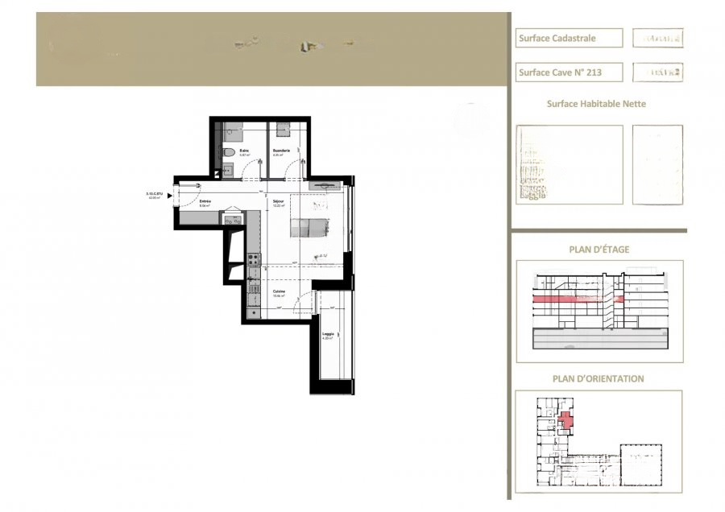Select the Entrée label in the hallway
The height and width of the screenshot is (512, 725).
(205, 201)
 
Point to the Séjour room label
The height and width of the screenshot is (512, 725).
(278, 201)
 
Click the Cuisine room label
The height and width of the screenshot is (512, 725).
(279, 291)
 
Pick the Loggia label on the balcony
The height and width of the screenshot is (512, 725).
(328, 334)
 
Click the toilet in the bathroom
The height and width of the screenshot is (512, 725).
(230, 151)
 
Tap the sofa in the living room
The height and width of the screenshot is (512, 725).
(310, 228)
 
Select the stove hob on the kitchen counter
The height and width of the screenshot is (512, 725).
(253, 259)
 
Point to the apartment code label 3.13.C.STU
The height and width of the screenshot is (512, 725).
(154, 194)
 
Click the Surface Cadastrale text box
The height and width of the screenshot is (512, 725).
(569, 38)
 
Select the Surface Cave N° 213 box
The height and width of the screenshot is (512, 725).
(569, 72)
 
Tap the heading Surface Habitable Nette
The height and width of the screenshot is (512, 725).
(596, 104)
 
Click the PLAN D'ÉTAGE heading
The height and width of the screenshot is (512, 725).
(599, 250)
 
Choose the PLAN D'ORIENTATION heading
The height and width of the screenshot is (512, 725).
(598, 378)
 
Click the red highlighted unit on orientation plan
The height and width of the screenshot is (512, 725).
(565, 420)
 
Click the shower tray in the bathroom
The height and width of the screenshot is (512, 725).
(234, 129)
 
